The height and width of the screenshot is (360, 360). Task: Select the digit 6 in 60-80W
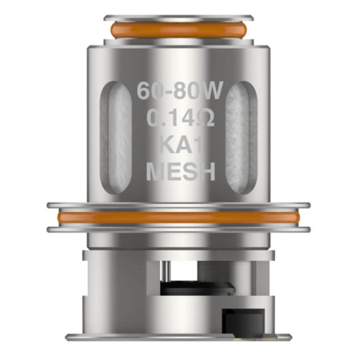click(142, 89)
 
